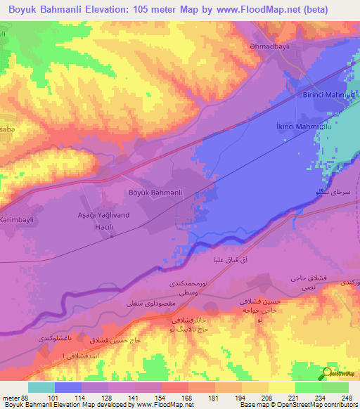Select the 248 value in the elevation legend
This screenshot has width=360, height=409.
(x=348, y=397)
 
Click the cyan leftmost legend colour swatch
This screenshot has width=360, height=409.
(x=41, y=387)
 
